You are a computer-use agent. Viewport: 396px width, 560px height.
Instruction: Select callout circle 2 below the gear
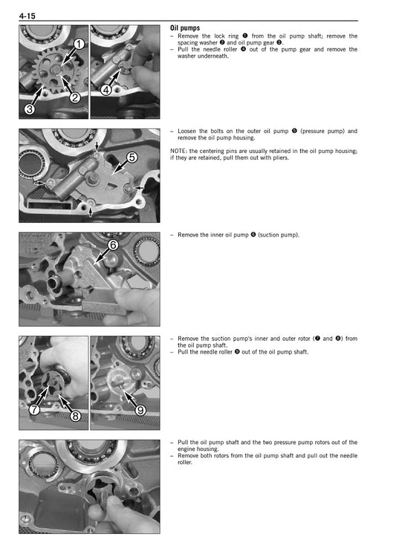[75, 97]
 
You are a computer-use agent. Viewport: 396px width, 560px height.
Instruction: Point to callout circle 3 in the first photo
[29, 109]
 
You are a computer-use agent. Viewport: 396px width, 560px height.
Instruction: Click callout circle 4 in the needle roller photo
[106, 90]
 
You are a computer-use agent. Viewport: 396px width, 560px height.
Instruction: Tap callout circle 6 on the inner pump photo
[113, 244]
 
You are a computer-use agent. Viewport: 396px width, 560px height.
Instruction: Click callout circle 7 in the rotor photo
[34, 409]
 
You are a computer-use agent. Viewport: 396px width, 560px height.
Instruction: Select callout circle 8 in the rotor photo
[76, 416]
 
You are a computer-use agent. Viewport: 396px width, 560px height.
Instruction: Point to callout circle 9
[140, 410]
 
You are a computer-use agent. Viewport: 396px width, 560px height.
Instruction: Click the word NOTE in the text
[178, 151]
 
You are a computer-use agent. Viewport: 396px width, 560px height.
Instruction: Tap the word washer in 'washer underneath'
[189, 56]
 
